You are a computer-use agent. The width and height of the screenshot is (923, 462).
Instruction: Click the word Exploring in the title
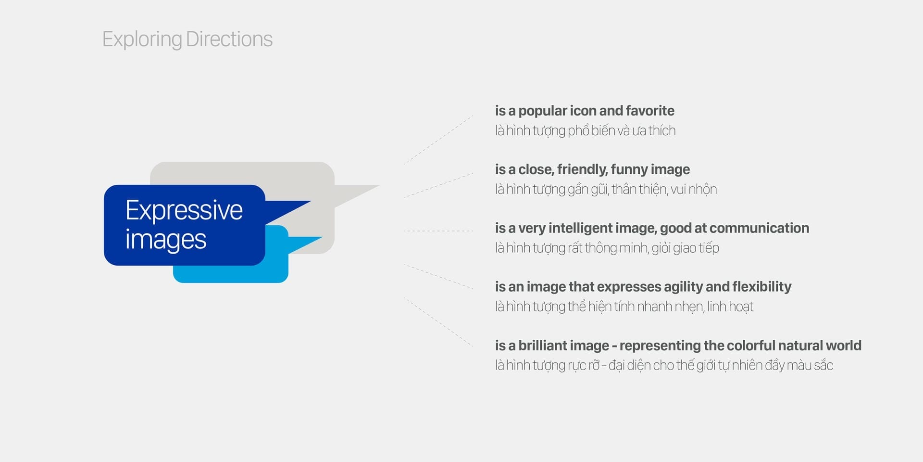[142, 39]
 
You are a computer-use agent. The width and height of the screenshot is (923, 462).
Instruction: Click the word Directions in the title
[229, 39]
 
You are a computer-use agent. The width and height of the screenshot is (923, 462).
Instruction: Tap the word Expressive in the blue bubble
[184, 211]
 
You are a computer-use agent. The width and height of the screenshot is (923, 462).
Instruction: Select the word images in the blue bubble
[166, 240]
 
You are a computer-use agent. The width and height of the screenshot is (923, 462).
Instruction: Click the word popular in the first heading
[543, 111]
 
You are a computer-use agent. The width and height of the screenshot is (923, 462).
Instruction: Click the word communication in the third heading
[759, 228]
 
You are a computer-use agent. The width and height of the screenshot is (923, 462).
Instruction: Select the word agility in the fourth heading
[683, 287]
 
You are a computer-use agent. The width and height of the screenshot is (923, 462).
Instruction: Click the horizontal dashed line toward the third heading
[438, 231]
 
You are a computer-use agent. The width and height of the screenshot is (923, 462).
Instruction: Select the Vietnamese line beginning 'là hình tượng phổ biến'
[585, 131]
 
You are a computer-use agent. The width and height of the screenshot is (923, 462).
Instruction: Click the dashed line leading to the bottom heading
[438, 322]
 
